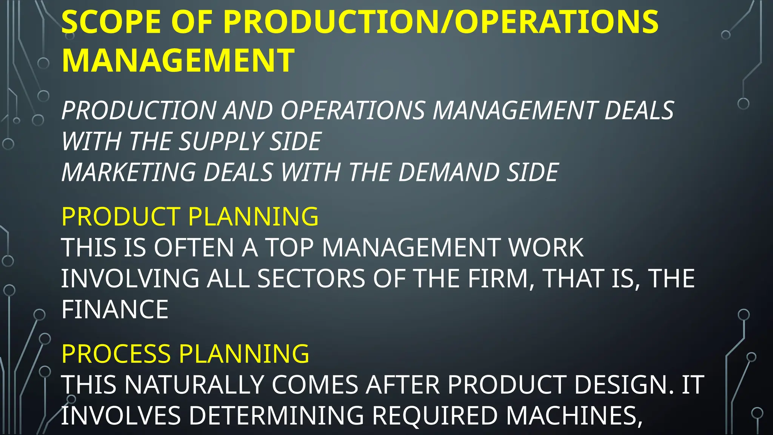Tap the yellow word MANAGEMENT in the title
tap(178, 60)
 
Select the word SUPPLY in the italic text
tap(220, 142)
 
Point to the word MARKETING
tap(129, 173)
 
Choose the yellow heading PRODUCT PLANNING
tap(190, 217)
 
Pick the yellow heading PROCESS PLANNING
tap(185, 354)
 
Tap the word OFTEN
tap(194, 248)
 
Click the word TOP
tap(289, 248)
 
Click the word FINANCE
tap(115, 310)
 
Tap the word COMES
tap(314, 385)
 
